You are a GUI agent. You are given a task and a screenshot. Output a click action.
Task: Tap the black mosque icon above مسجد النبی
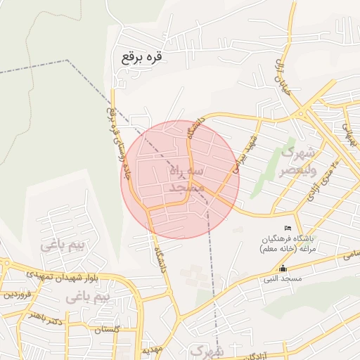pos(283,269)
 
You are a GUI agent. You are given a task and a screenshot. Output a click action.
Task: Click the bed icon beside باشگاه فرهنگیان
pos(287,229)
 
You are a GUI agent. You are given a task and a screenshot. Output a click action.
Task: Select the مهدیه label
pos(153,349)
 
